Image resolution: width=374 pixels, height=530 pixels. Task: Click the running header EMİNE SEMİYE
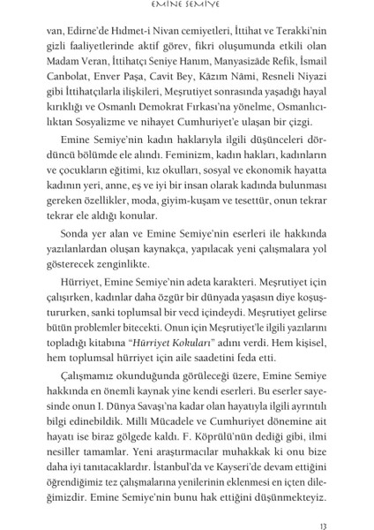(187, 7)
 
